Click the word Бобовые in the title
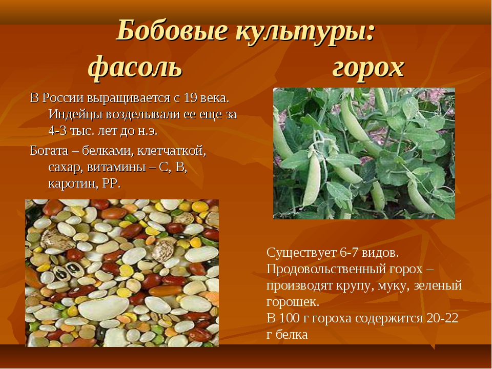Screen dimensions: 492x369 (172, 30)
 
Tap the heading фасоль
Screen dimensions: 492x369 (135, 67)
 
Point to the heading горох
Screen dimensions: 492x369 (368, 68)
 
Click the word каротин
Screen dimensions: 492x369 (73, 183)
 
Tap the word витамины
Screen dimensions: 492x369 (116, 168)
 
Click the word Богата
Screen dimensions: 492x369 (49, 151)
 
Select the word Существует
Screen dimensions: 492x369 (301, 253)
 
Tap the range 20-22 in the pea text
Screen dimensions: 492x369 (442, 318)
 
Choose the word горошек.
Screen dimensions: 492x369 (293, 302)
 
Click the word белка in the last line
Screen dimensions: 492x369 (292, 335)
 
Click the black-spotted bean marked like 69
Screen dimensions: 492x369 (67, 271)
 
